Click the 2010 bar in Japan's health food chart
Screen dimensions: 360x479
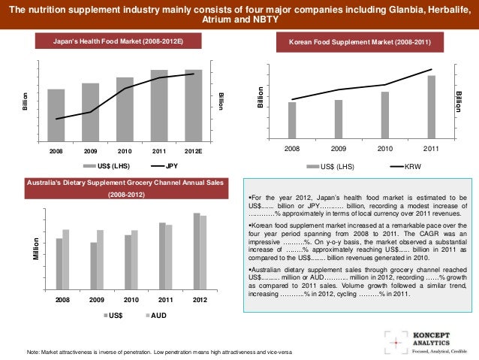(125, 108)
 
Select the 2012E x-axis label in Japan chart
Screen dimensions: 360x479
(194, 151)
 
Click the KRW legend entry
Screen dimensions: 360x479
(405, 165)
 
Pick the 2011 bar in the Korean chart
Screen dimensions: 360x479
(431, 107)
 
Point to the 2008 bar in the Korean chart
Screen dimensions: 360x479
(292, 120)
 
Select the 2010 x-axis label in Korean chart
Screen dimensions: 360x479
(384, 149)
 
